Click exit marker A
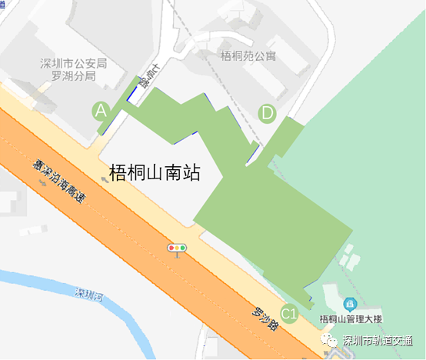point(101,111)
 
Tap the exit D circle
point(267,113)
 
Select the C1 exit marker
point(289,313)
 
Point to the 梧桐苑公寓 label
point(248,55)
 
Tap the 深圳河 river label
point(88,294)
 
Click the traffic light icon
point(178,248)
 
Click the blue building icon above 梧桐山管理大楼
point(350,305)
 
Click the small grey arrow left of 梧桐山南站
point(104,178)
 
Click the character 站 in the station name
point(191,172)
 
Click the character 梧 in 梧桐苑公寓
point(225,55)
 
